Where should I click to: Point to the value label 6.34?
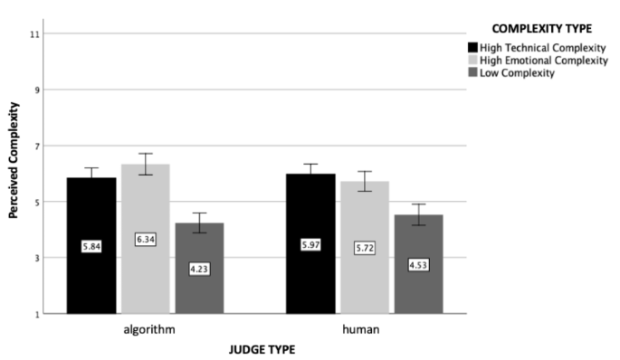(x=145, y=239)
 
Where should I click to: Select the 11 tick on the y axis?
(x=35, y=34)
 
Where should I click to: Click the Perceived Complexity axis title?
(x=14, y=174)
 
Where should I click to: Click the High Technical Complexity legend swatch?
(x=472, y=47)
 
